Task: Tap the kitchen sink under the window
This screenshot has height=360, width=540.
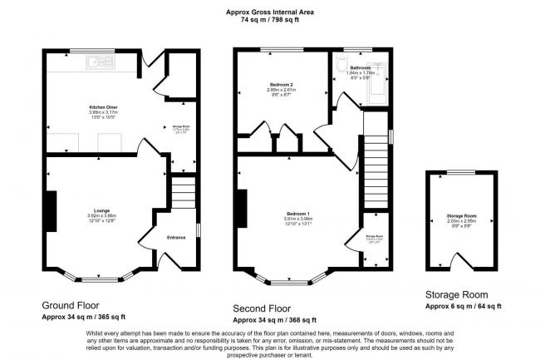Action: pos(101,61)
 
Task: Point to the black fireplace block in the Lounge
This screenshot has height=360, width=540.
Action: pos(51,210)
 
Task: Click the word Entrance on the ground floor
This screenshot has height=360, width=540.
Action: pos(176,239)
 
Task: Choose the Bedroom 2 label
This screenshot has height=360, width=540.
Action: pos(282,84)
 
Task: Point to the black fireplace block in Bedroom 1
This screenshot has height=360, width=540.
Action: pos(242,206)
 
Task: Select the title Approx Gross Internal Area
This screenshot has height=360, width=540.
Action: pos(270,11)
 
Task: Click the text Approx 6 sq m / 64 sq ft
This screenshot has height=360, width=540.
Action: pos(463,306)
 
